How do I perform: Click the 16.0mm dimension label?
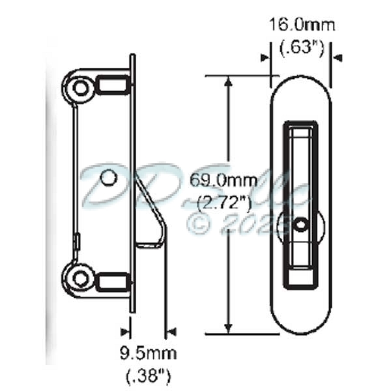pyautogui.click(x=302, y=25)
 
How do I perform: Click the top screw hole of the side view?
pyautogui.click(x=80, y=87)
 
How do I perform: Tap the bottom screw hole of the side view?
pyautogui.click(x=80, y=278)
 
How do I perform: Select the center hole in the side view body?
pyautogui.click(x=109, y=177)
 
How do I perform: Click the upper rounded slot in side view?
pyautogui.click(x=112, y=85)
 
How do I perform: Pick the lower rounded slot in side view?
pyautogui.click(x=112, y=281)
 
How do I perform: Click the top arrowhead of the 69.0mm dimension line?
pyautogui.click(x=228, y=81)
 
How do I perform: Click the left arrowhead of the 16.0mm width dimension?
pyautogui.click(x=266, y=58)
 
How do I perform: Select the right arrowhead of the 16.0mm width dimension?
pyautogui.click(x=337, y=58)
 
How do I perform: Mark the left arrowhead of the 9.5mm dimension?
pyautogui.click(x=126, y=332)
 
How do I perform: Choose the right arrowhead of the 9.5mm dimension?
pyautogui.click(x=171, y=332)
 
